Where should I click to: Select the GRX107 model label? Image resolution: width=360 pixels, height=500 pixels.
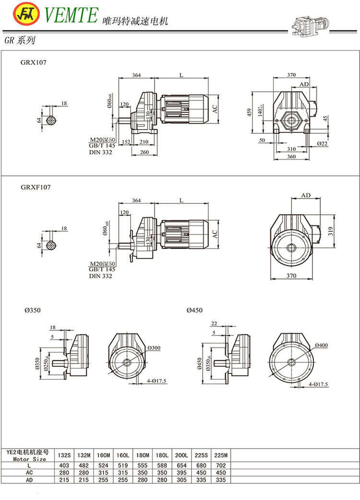(33, 62)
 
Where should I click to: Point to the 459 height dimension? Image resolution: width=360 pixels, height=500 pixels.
(250, 113)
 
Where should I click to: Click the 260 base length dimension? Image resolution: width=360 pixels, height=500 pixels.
(145, 152)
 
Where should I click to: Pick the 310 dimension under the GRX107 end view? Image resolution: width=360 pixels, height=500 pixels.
(291, 149)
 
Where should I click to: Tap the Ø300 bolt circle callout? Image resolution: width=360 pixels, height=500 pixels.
(154, 347)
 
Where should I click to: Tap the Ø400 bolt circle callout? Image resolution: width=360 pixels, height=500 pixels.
(323, 345)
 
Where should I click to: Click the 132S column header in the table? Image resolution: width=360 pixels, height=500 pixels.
(64, 455)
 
